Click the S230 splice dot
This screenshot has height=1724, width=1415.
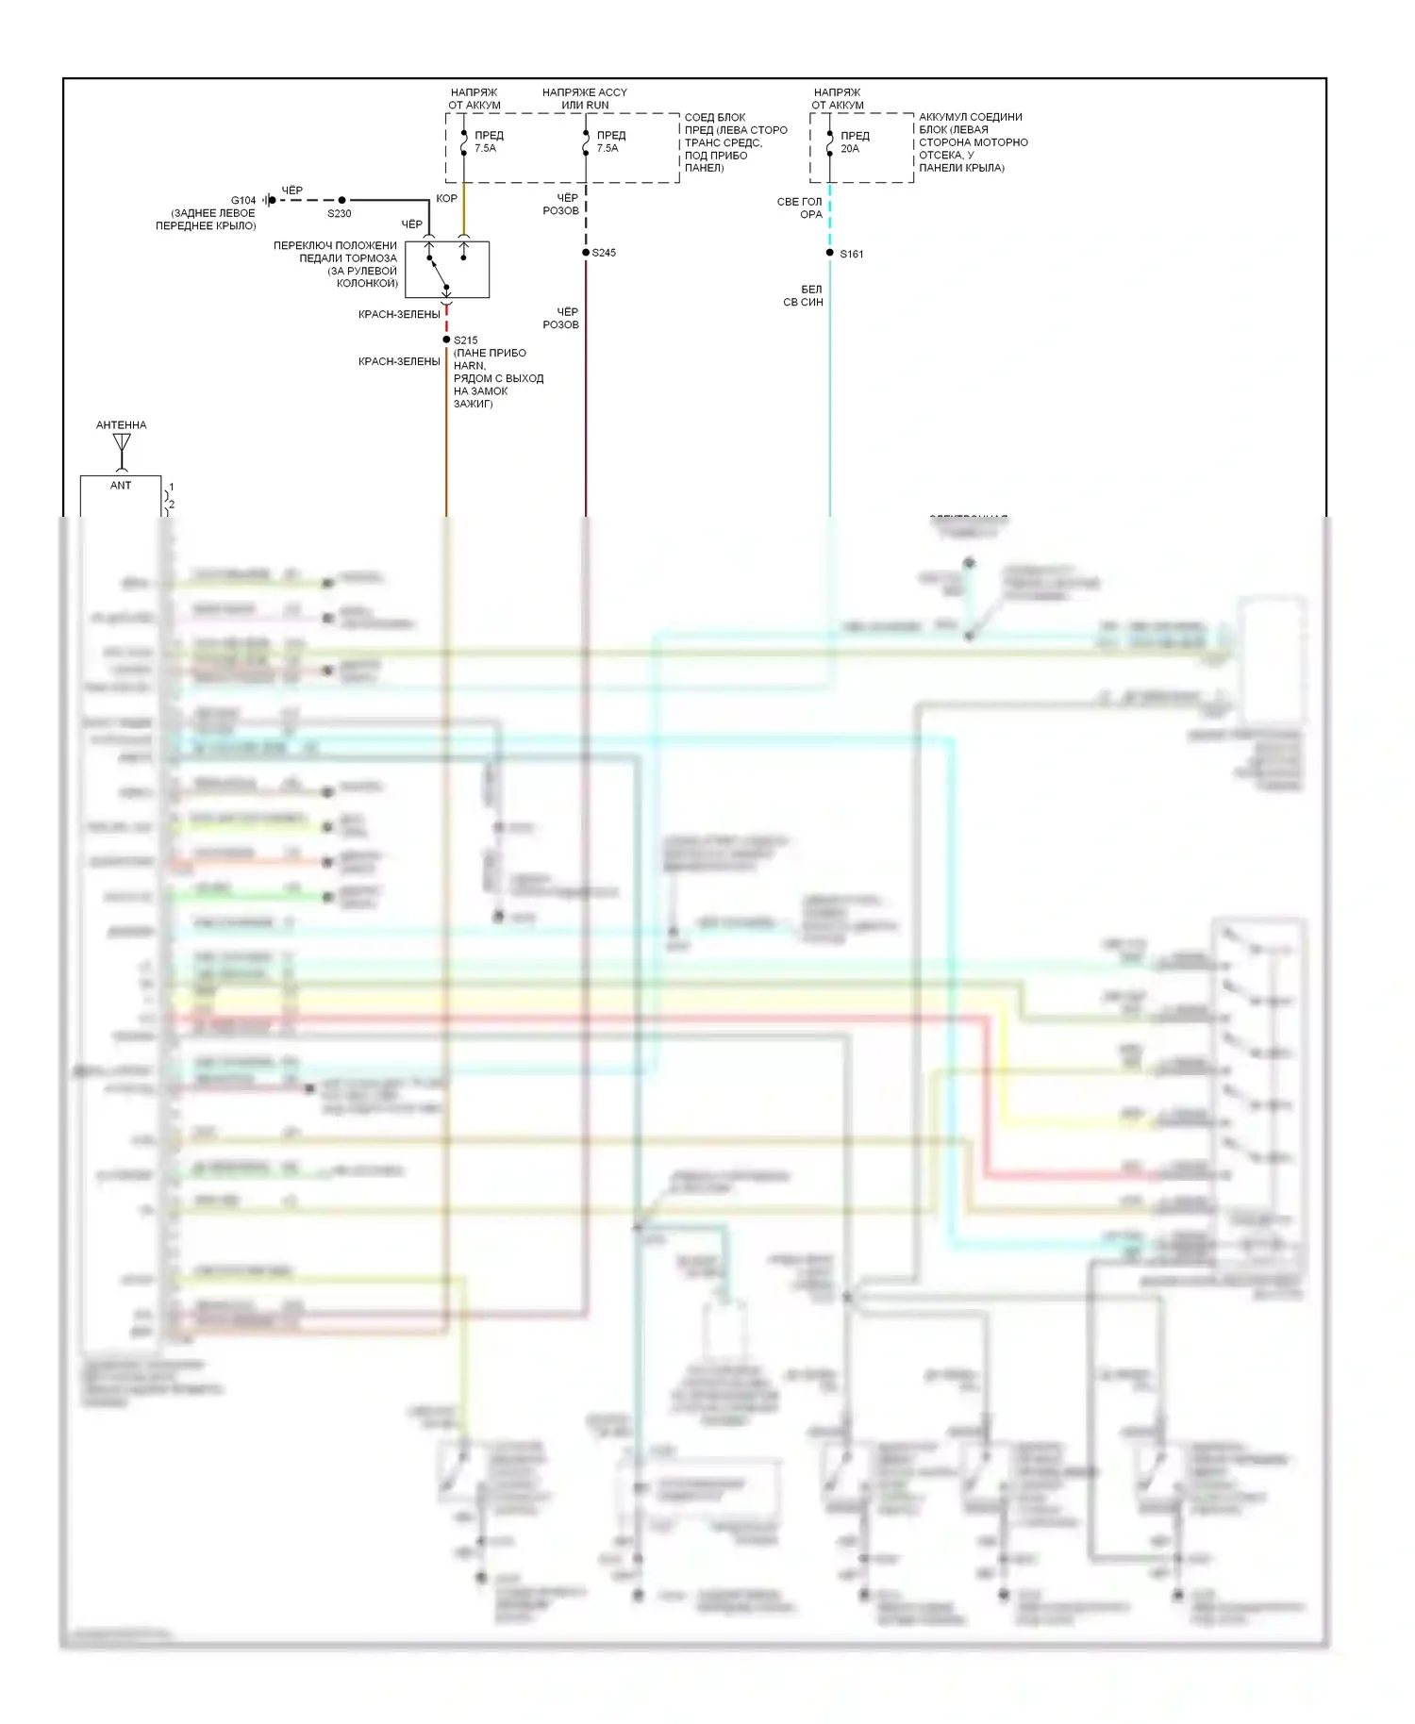tap(341, 200)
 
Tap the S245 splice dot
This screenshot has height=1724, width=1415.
tap(586, 253)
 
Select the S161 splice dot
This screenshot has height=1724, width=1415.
tap(830, 253)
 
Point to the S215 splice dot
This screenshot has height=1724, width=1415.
tap(446, 340)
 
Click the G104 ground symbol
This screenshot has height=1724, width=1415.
tap(270, 200)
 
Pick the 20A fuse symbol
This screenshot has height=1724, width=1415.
tap(830, 142)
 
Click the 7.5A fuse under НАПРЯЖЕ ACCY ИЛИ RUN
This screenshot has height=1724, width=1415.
tap(586, 142)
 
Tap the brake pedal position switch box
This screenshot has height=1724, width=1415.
tap(447, 270)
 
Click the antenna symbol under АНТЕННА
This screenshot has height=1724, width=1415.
tap(122, 449)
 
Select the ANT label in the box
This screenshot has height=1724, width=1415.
tap(121, 486)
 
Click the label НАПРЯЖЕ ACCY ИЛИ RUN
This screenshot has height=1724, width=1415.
tap(585, 99)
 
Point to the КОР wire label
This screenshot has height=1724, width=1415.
tap(446, 199)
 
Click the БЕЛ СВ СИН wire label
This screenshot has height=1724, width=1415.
tap(804, 296)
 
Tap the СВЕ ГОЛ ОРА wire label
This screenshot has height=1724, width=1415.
tap(800, 208)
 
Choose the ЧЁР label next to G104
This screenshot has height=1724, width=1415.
tap(292, 191)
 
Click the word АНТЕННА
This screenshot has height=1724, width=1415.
tap(122, 425)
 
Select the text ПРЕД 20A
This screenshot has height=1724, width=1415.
tap(855, 142)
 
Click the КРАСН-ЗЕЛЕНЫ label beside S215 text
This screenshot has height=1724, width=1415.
tap(399, 362)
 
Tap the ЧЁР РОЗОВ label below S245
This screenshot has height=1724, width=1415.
tap(561, 319)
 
